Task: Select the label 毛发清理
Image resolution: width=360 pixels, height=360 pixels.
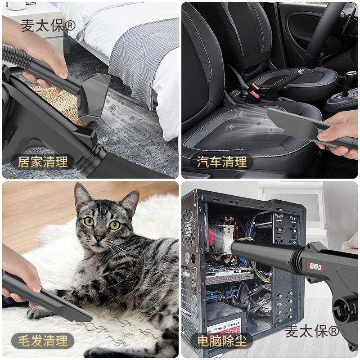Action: [x=42, y=341]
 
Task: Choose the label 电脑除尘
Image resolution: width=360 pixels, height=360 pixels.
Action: [x=221, y=341]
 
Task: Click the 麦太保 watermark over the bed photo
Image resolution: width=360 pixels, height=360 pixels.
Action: [x=49, y=26]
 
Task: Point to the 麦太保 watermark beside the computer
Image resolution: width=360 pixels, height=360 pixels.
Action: [x=311, y=332]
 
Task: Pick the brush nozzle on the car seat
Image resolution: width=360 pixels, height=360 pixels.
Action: [x=292, y=121]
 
